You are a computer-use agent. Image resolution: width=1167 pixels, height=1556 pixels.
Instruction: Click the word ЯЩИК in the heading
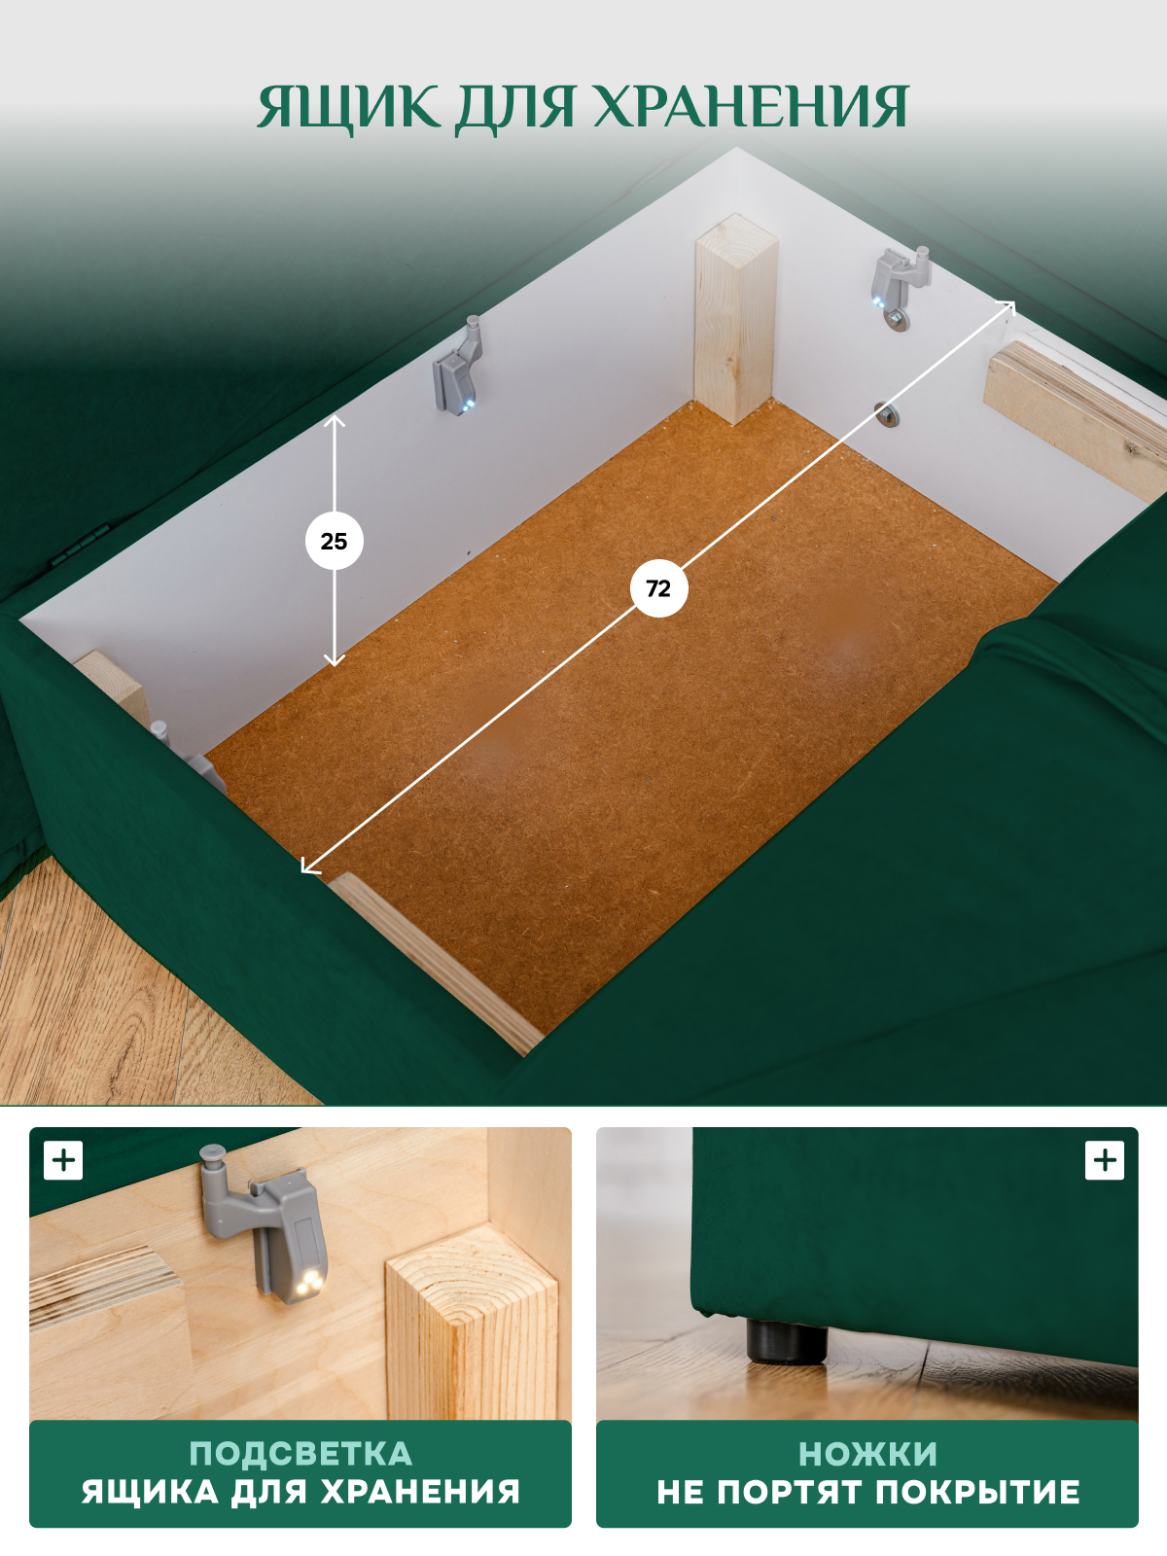tap(348, 108)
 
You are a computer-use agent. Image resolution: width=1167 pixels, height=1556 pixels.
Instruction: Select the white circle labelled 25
tap(335, 541)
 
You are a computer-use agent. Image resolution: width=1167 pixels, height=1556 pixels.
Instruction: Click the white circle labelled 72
tap(659, 588)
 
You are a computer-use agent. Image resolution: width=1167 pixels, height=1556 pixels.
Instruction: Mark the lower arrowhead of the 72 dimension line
tap(309, 865)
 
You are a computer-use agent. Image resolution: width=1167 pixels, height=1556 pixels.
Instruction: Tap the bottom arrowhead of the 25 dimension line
tap(335, 660)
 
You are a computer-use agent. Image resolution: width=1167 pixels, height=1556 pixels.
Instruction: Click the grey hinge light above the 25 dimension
tap(458, 367)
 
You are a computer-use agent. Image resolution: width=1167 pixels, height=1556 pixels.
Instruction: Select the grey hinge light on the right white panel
tap(899, 284)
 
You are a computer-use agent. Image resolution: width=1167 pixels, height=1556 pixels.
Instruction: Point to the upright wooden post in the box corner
tap(735, 319)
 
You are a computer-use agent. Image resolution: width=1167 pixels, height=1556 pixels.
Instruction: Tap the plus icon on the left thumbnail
tap(63, 1160)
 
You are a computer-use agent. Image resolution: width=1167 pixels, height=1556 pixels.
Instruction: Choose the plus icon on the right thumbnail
tap(1104, 1160)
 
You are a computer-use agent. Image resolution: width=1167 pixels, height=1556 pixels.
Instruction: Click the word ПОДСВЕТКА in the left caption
tap(301, 1454)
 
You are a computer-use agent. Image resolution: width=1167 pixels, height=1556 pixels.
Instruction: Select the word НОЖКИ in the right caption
tap(867, 1454)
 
